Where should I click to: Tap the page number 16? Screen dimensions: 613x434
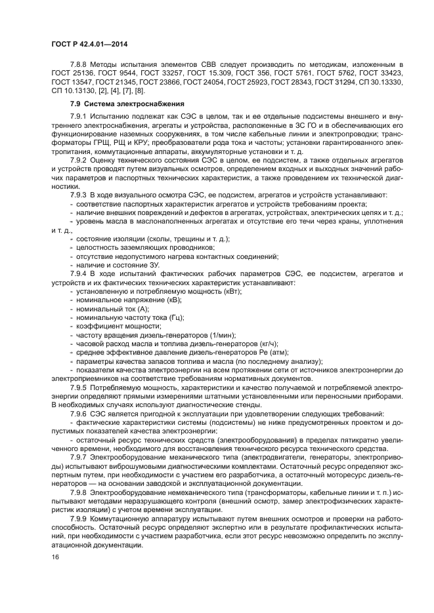pos(56,557)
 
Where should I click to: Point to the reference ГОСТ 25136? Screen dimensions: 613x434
pos(74,74)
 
